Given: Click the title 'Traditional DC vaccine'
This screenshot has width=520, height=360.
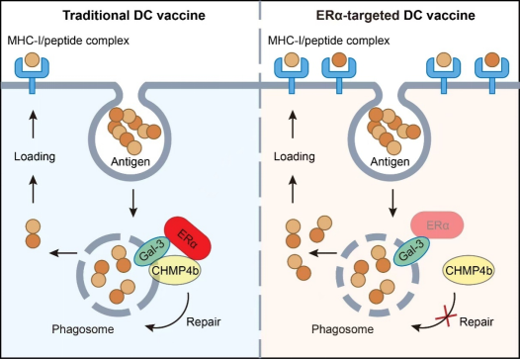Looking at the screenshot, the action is point(134,15).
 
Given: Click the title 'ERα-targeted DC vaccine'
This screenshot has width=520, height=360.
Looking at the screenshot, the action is point(395,15).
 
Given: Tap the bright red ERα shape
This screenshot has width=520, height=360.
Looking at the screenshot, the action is point(188,238).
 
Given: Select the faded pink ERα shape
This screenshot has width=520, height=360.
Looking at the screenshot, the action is point(437,225).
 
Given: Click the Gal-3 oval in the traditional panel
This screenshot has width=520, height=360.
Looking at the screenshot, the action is point(152,251).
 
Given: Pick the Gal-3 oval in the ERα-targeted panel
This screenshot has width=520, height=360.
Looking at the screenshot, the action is point(411,251).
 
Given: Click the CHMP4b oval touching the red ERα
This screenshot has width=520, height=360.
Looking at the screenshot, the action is point(175,270).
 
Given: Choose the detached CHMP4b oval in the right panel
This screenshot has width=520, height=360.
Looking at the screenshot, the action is point(469,270).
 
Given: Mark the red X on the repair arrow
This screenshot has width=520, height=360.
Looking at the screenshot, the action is point(446,317).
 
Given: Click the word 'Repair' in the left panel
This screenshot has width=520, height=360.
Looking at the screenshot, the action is point(204,321).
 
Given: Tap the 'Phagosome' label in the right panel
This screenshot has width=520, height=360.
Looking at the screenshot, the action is point(342,329).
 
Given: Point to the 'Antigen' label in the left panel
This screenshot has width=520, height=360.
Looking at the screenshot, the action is point(130,162).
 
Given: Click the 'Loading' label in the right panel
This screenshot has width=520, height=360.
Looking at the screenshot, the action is point(295,156).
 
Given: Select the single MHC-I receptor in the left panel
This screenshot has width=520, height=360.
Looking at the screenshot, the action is point(32,71).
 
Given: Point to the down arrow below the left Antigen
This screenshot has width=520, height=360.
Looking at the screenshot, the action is point(133,203).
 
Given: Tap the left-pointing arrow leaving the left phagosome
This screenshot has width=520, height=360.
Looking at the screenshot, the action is point(63,253).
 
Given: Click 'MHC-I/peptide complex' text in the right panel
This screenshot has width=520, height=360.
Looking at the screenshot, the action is point(328,41).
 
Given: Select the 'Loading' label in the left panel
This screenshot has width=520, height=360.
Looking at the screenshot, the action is point(35,156).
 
